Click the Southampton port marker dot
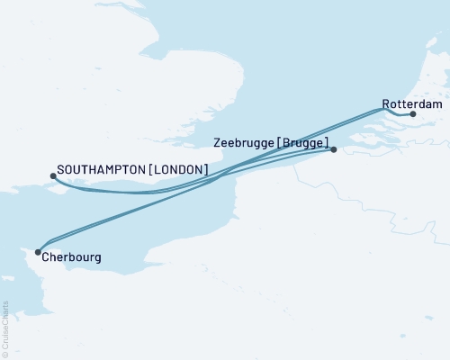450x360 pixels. coord(53,176)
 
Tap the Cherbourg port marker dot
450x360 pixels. coord(38,252)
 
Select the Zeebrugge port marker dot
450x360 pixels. coord(333,149)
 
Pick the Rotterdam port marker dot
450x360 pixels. coord(412,114)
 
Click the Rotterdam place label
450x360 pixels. coord(412,103)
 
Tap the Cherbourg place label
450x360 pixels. coord(70,257)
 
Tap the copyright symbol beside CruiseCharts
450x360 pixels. coord(5,354)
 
